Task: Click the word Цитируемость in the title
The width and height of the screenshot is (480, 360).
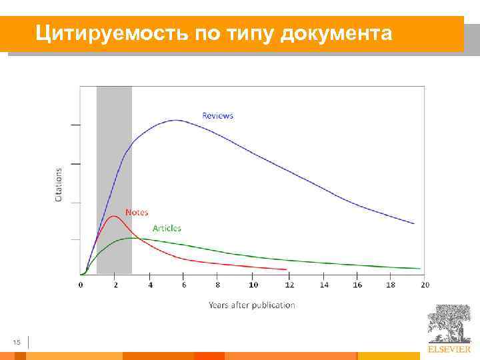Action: [113, 32]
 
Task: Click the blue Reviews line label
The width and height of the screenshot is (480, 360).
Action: [218, 115]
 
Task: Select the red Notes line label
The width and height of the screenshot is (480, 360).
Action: [137, 212]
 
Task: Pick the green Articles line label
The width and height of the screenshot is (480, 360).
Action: [167, 228]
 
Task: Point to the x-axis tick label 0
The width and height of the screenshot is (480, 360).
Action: [81, 285]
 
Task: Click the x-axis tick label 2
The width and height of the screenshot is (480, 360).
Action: [115, 285]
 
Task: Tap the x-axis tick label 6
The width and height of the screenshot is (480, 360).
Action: [184, 285]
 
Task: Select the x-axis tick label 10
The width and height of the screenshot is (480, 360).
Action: [253, 285]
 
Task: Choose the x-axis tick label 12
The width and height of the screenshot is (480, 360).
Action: [288, 285]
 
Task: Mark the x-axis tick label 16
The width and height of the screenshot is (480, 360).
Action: [357, 285]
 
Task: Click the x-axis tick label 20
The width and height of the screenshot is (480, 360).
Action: [425, 285]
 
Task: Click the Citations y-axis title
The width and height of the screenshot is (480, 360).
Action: [59, 185]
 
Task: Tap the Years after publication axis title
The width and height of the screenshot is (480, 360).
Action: [251, 305]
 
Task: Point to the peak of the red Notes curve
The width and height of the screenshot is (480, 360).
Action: [113, 216]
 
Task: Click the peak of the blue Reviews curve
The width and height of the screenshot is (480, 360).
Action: [176, 120]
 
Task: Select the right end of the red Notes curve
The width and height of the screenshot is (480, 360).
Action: [287, 269]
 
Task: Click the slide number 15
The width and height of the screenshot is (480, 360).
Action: [17, 343]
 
